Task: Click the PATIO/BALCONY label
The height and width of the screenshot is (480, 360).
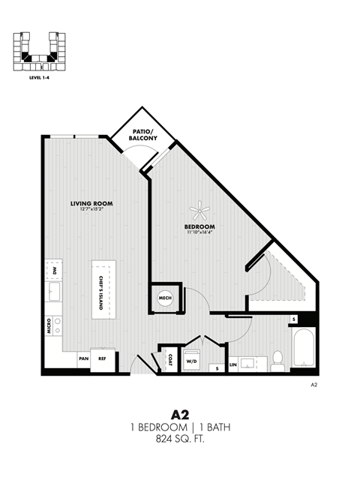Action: pyautogui.click(x=142, y=136)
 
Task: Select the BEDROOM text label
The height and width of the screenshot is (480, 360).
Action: pyautogui.click(x=200, y=226)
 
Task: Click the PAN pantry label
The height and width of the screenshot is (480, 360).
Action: pyautogui.click(x=82, y=359)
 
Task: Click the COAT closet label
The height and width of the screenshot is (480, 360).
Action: pyautogui.click(x=170, y=360)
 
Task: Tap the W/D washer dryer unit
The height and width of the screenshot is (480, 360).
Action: pyautogui.click(x=191, y=359)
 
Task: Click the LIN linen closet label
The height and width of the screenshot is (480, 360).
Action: pyautogui.click(x=233, y=366)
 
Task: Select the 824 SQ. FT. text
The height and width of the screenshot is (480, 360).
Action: pyautogui.click(x=179, y=439)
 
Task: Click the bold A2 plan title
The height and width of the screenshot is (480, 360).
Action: pyautogui.click(x=179, y=414)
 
